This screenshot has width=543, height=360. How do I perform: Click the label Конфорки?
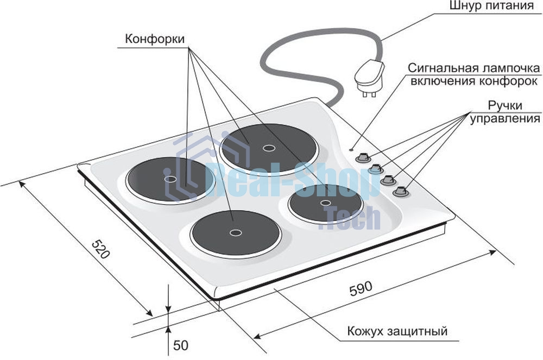click(x=154, y=39)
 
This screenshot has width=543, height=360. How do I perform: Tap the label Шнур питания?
click(x=491, y=6)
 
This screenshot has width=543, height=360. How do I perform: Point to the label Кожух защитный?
click(x=397, y=331)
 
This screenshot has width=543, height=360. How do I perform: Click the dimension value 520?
click(x=100, y=249)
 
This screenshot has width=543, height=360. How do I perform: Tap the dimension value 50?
click(x=180, y=345)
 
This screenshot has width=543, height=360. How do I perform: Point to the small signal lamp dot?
click(x=352, y=150)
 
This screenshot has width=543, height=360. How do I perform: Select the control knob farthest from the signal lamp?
click(x=400, y=192)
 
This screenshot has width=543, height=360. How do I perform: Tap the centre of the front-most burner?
click(x=236, y=232)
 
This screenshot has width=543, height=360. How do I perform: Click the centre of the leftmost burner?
click(x=170, y=179)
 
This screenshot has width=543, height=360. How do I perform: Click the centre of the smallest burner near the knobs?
click(x=325, y=203)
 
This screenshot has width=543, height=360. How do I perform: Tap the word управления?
click(x=505, y=119)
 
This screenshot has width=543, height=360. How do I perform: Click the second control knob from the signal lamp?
click(x=375, y=168)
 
